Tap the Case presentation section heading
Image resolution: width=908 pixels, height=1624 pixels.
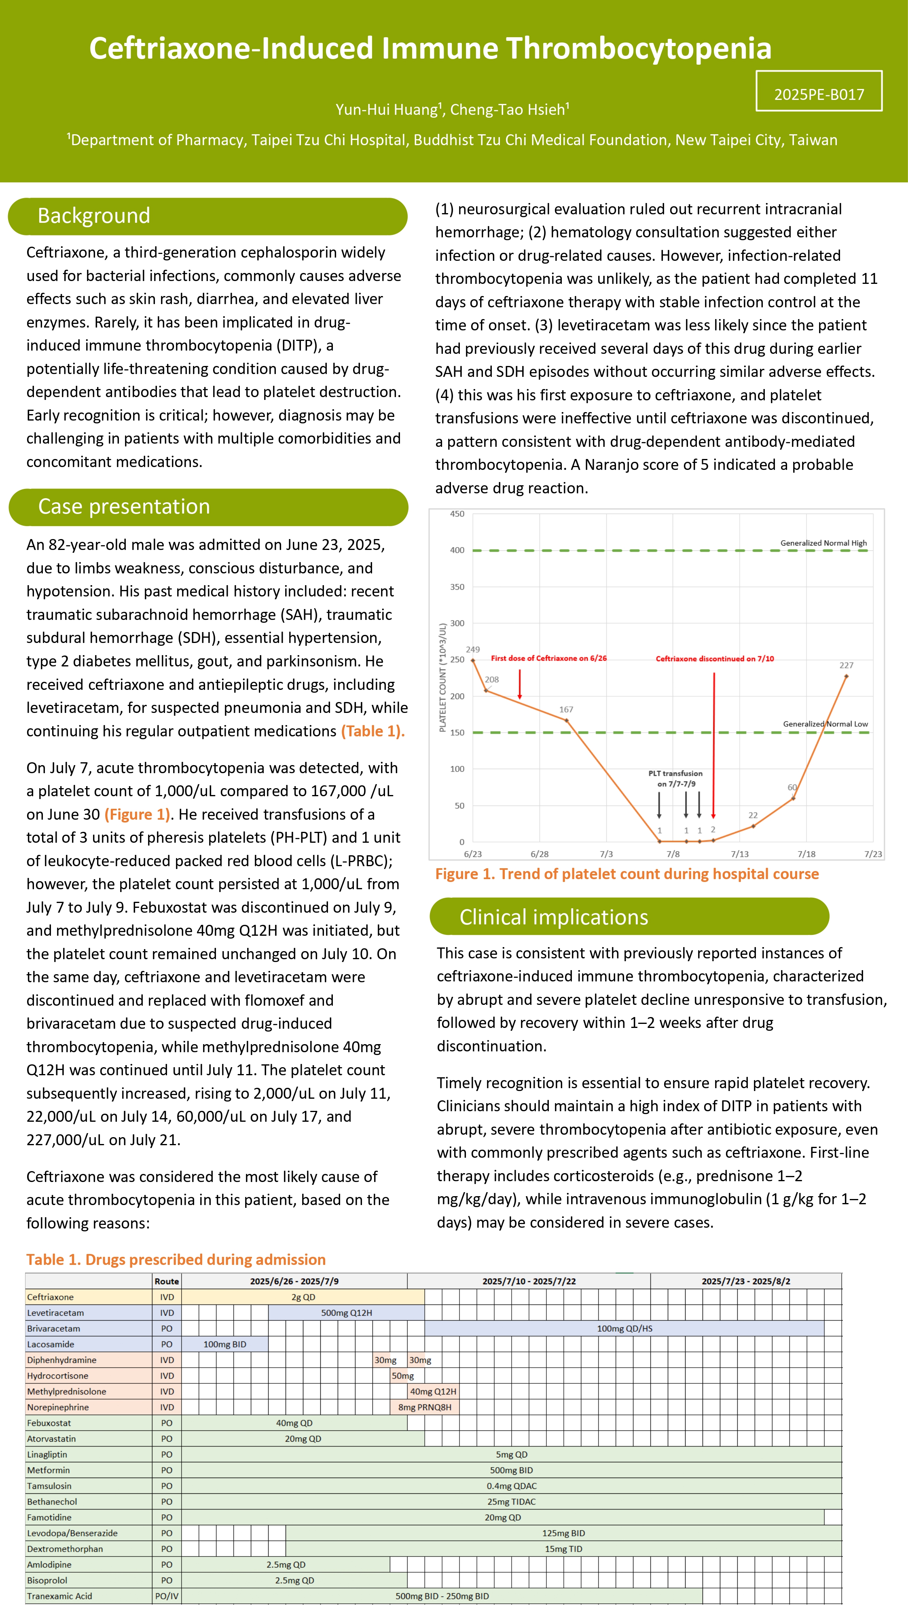tap(124, 507)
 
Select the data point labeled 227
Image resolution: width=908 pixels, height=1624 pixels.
tap(846, 677)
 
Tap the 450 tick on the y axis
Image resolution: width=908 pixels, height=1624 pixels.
tap(457, 514)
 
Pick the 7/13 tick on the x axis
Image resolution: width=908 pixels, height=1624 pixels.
tap(740, 854)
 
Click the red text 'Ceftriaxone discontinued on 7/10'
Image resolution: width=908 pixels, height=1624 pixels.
tap(714, 659)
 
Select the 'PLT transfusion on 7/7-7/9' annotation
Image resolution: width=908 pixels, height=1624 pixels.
tap(675, 778)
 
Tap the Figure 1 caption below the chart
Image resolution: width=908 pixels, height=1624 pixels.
tap(627, 874)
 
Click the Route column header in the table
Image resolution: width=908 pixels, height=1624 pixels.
tap(167, 1281)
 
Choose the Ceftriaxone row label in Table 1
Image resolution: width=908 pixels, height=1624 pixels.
tap(51, 1297)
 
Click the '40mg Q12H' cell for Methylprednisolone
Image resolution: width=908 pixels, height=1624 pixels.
tap(433, 1391)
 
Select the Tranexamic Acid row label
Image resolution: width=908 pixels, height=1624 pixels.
tap(59, 1596)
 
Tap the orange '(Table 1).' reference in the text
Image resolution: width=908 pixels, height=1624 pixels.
tap(373, 731)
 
